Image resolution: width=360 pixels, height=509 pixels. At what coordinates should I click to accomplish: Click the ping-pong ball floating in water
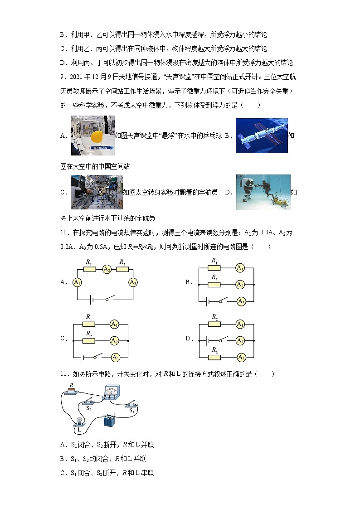96,136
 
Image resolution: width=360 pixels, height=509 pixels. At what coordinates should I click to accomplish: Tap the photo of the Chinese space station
262,136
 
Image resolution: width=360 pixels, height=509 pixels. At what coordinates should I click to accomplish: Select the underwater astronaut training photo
263,192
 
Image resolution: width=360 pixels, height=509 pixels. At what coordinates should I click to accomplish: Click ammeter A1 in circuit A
77,282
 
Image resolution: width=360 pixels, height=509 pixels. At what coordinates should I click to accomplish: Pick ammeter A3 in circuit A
133,282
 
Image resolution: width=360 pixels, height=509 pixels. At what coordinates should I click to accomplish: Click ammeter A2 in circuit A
107,269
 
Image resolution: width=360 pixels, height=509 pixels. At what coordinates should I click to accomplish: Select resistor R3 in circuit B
214,284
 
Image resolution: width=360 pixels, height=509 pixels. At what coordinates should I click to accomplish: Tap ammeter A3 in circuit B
241,301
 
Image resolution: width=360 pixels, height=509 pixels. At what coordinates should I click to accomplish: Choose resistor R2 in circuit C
89,340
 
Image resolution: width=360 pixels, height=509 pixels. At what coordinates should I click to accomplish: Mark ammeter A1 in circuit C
115,324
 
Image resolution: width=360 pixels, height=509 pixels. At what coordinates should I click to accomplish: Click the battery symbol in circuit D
207,340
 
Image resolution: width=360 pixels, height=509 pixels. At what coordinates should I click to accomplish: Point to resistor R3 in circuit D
214,357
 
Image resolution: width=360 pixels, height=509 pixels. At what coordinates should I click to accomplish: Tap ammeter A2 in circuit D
241,340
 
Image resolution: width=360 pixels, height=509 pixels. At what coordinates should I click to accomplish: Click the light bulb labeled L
80,421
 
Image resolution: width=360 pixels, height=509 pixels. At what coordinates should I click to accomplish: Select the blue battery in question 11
110,420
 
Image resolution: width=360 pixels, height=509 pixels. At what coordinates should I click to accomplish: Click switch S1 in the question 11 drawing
132,403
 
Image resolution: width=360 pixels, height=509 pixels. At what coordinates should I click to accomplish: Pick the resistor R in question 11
71,391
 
